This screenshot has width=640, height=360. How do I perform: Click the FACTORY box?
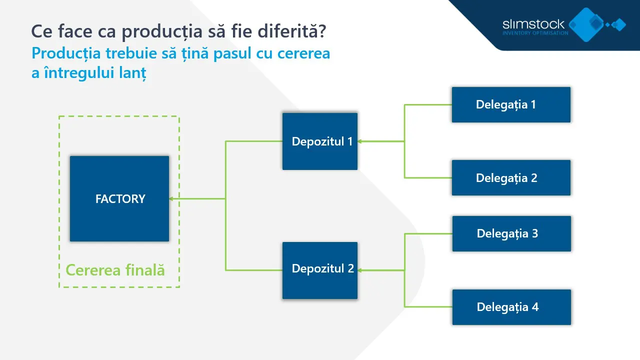point(119,198)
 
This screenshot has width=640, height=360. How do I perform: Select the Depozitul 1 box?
point(320,141)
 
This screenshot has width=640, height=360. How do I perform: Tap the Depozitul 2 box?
point(320,270)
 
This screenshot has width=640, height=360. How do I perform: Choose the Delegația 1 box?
point(511,104)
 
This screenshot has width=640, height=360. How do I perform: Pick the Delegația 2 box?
point(511,177)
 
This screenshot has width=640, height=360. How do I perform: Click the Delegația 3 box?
point(511,233)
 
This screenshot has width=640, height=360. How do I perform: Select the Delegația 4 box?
point(511,307)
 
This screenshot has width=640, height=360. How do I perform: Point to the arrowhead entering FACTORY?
point(171,199)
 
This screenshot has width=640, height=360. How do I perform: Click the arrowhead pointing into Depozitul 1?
point(360,141)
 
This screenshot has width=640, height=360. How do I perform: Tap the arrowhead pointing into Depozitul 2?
point(360,270)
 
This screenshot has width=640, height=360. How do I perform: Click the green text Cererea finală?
point(115,270)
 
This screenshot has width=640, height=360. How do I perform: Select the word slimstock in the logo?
point(533,24)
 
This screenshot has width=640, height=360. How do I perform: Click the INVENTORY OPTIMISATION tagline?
point(535,33)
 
